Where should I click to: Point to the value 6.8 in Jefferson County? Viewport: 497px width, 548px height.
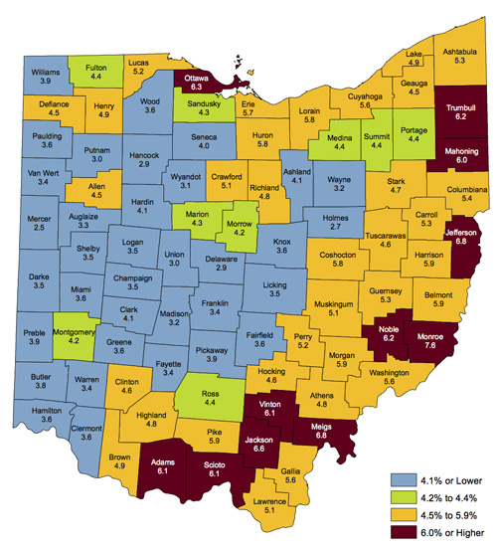coord(458,241)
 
